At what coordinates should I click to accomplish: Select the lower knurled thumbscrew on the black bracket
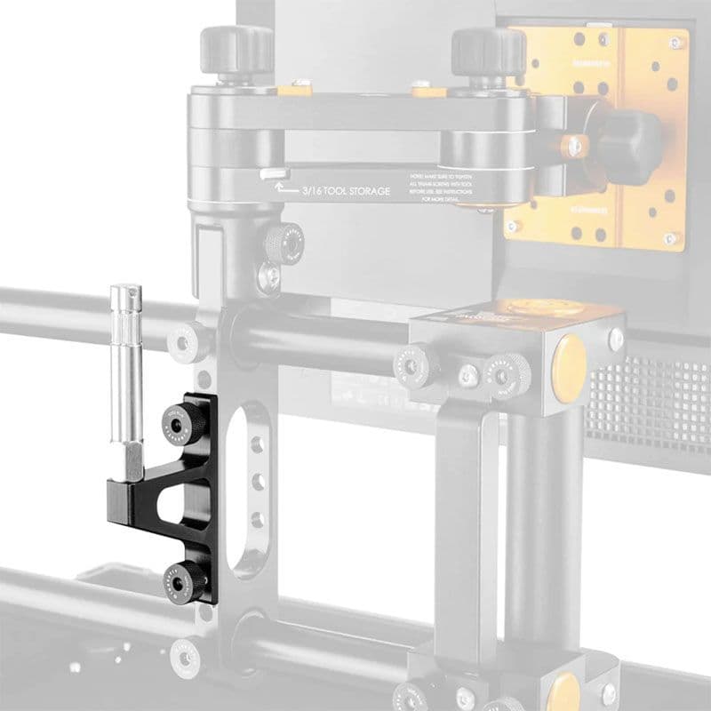(182, 581)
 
